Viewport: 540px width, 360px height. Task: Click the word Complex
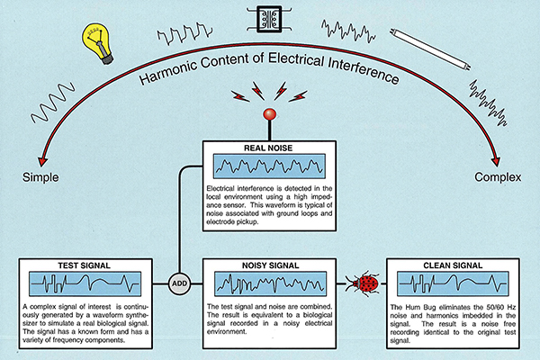(499, 174)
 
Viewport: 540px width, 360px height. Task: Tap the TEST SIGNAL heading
(85, 265)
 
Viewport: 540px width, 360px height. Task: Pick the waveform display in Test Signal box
(85, 284)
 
